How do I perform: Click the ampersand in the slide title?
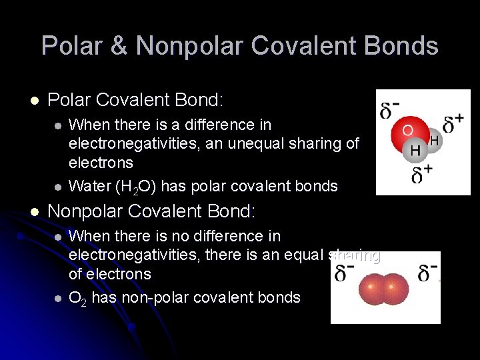tap(118, 46)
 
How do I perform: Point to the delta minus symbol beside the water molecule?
tap(390, 109)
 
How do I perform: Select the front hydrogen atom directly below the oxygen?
tap(415, 151)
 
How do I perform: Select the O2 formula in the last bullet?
tap(78, 298)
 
